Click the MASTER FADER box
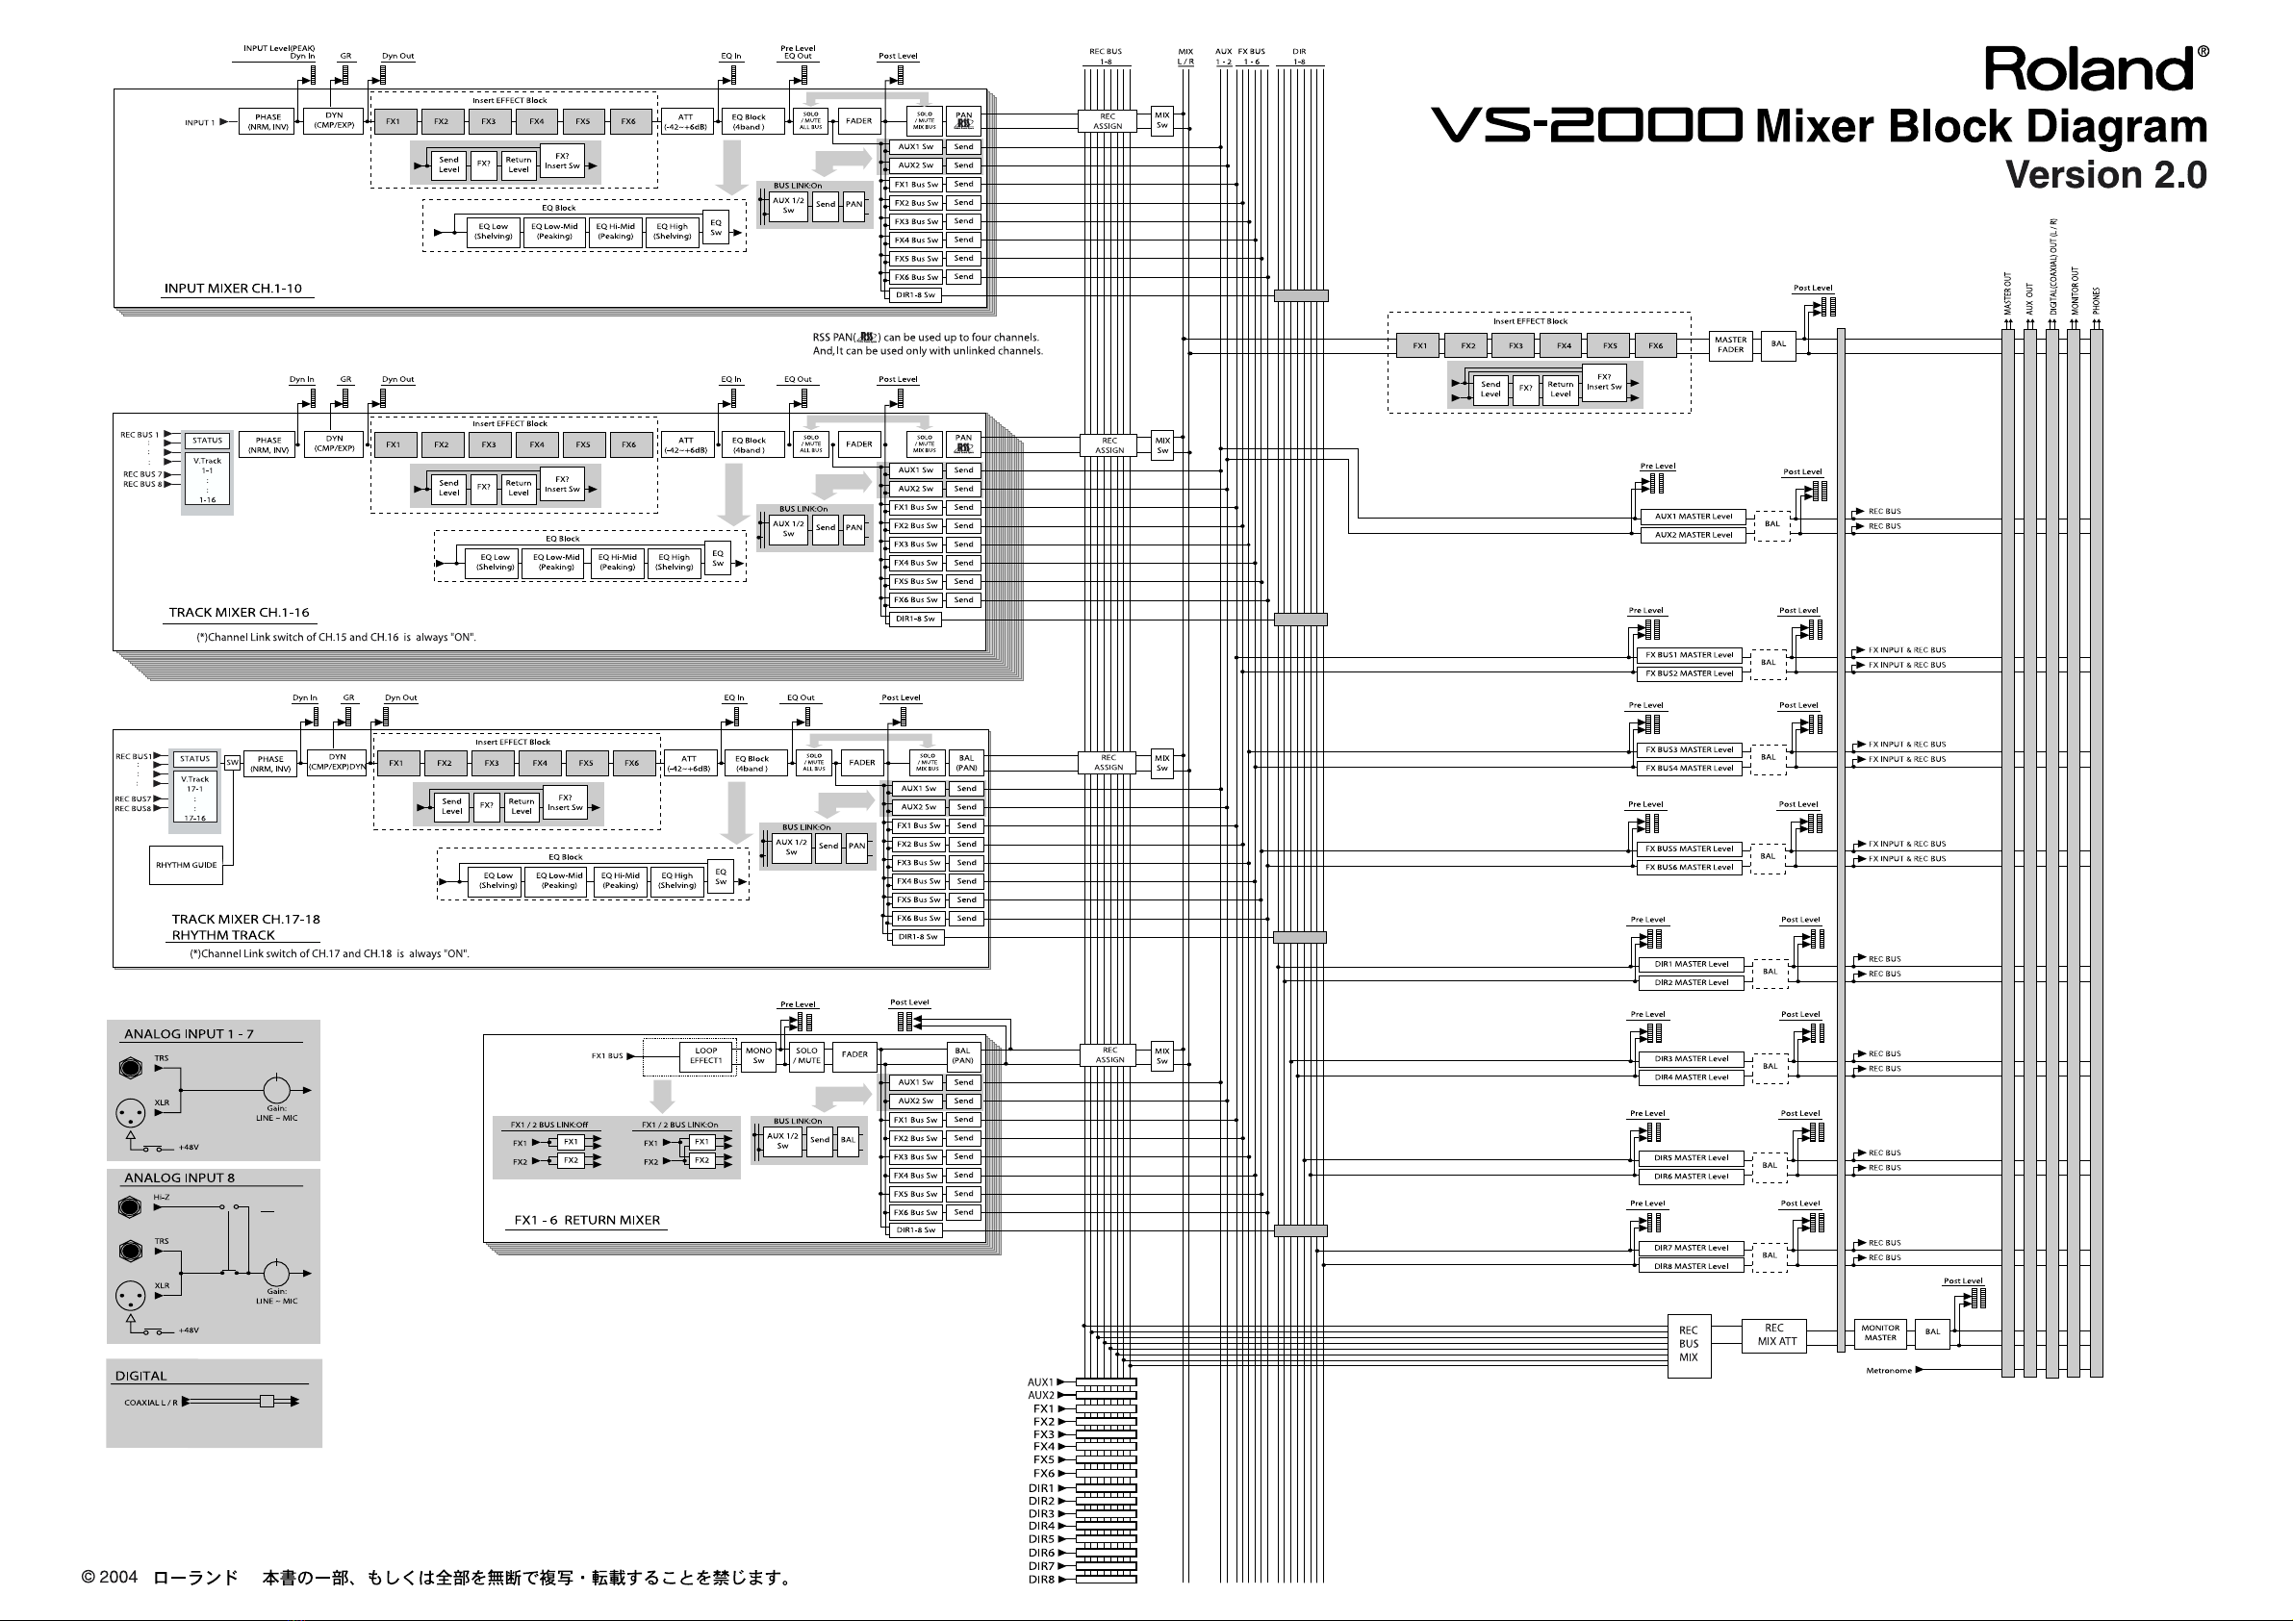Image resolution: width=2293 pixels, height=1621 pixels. coord(1731,344)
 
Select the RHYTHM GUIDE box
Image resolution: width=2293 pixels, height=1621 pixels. coord(186,865)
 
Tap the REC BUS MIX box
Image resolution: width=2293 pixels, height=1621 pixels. coord(1688,1343)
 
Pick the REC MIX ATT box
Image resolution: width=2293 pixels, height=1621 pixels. coord(1775,1334)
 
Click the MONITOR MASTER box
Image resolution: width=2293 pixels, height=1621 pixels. coord(1880,1333)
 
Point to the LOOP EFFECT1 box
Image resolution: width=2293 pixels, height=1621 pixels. coord(705,1055)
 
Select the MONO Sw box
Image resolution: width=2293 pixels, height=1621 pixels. coord(758,1055)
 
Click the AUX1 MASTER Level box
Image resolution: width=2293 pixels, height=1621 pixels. coord(1693,517)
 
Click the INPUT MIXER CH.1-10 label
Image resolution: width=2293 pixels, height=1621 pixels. coord(233,289)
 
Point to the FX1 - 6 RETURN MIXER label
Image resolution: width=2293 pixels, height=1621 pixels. coord(586,1220)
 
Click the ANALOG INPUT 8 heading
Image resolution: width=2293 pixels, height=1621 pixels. coord(179,1178)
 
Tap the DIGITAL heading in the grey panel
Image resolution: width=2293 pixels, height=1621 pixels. coord(140,1376)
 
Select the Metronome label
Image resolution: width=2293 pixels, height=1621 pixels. coord(1889,1370)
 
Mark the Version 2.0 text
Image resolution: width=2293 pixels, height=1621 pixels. coord(2105,175)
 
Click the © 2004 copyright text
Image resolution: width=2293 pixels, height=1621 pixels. coord(109,1578)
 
